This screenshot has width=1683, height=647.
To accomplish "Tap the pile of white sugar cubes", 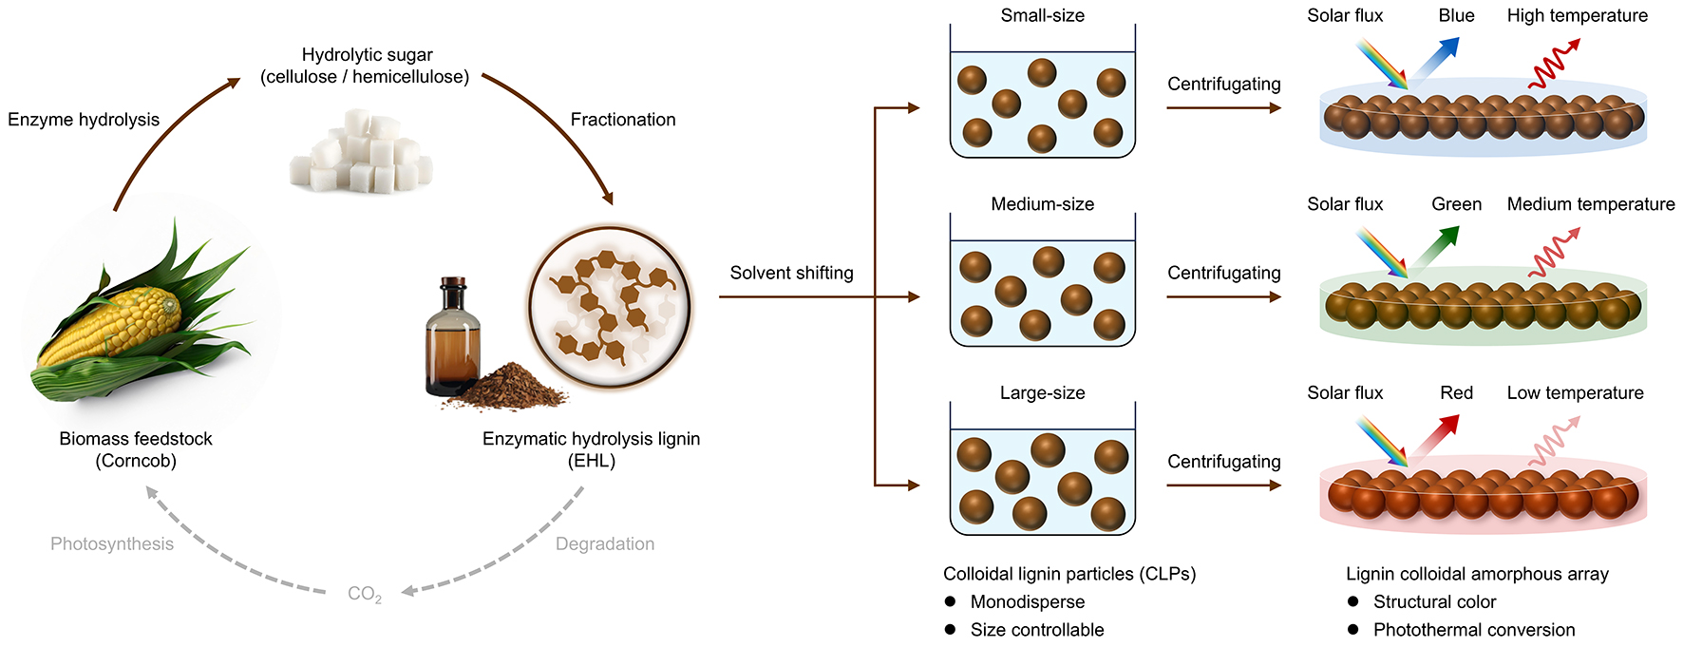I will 361,152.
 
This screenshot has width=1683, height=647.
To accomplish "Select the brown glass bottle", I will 452,337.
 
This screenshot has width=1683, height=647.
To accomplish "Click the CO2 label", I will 365,594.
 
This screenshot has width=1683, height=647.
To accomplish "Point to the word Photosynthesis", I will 112,543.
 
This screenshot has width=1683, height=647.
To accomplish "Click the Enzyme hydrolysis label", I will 84,120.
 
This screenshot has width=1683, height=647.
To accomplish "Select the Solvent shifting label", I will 791,273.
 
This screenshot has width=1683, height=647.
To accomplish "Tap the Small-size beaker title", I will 1042,15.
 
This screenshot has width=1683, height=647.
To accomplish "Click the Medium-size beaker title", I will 1042,204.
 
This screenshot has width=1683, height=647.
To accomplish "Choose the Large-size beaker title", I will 1042,392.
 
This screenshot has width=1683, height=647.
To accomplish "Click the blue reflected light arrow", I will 1437,59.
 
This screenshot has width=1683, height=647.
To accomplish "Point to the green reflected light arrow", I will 1436,247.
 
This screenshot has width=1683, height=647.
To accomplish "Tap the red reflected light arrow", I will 1436,436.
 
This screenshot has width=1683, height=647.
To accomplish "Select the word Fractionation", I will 623,120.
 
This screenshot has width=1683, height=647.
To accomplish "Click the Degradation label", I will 605,543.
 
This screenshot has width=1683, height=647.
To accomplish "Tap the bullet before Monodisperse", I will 950,601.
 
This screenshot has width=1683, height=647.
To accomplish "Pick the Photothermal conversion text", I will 1474,630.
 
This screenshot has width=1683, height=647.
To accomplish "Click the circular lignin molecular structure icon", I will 611,307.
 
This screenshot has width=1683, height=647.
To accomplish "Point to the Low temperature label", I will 1575,392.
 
